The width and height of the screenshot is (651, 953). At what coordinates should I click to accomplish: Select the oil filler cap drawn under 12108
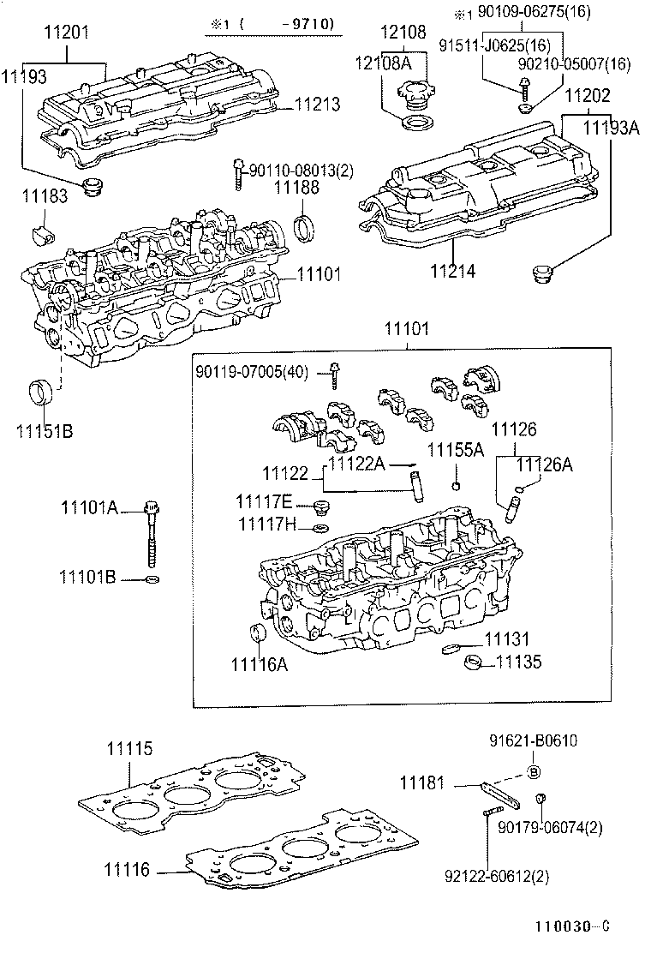pos(412,91)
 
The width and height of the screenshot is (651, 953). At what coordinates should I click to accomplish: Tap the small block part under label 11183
pos(39,234)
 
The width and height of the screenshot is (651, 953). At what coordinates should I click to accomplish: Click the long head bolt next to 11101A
pos(152,531)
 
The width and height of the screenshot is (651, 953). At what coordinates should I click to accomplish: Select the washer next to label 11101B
pos(152,580)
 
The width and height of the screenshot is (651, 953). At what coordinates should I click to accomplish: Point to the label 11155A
pos(456,450)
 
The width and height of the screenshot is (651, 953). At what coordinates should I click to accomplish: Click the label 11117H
pos(266,524)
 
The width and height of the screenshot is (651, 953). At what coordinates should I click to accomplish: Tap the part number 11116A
pos(259,664)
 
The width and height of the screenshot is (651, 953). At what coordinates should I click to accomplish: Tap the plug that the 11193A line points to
pos(541,275)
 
